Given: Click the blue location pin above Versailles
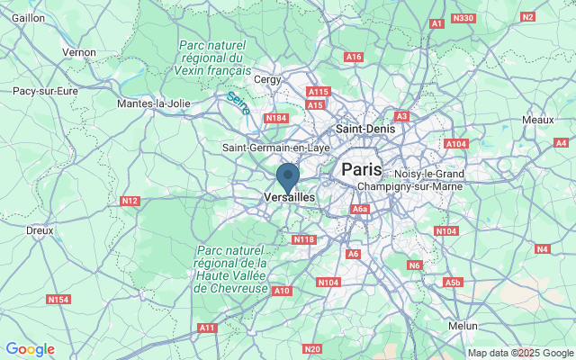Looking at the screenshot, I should tap(288, 175).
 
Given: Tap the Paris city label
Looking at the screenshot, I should tap(362, 169).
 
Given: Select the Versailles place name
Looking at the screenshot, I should tap(290, 197).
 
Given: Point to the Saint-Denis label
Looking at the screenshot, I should tap(364, 130).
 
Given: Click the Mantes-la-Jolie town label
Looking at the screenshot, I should tap(154, 103).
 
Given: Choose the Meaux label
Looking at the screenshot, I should tap(537, 120).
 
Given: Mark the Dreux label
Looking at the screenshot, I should tap(40, 230).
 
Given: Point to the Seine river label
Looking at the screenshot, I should tap(238, 103).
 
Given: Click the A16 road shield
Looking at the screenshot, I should tap(354, 58).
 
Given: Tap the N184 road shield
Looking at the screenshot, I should tap(275, 118).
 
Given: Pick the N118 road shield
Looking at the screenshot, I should tap(303, 239).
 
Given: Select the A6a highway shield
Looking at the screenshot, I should tap(360, 210).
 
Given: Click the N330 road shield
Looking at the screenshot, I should tap(463, 18).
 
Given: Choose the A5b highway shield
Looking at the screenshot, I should tap(452, 283).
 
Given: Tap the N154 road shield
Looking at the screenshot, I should tap(59, 299).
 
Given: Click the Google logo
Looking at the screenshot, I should tap(30, 349).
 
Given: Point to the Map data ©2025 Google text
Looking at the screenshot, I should tap(519, 353).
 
